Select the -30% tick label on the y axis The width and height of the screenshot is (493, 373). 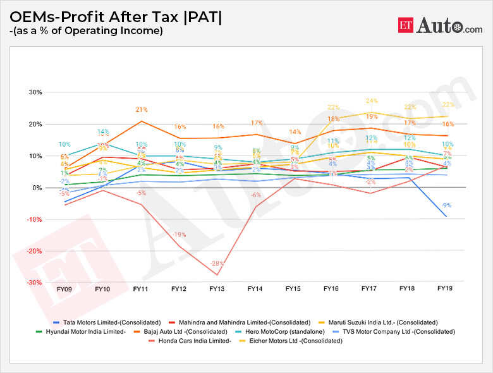[33, 283]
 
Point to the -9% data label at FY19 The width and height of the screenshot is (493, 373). [447, 205]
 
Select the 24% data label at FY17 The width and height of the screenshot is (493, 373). [372, 101]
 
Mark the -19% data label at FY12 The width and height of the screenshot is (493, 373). [180, 235]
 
